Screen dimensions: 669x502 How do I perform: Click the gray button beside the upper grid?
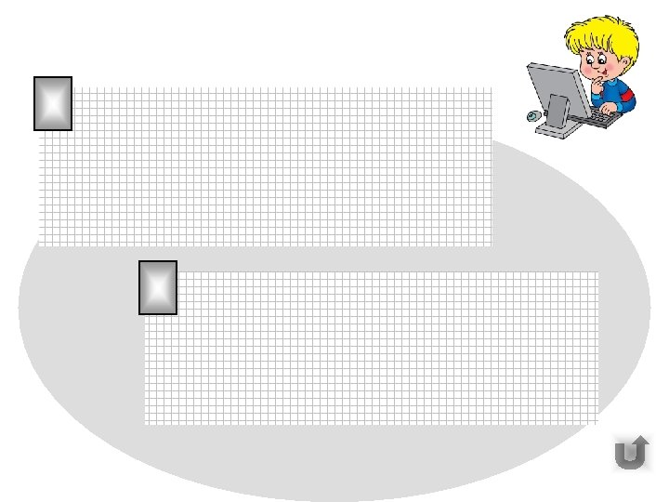tap(53, 103)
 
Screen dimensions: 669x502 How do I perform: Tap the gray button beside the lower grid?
tap(157, 287)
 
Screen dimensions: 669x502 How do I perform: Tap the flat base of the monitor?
tap(557, 130)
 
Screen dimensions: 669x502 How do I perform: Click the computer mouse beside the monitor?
tap(531, 116)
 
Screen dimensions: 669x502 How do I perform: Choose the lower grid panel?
tap(372, 349)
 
